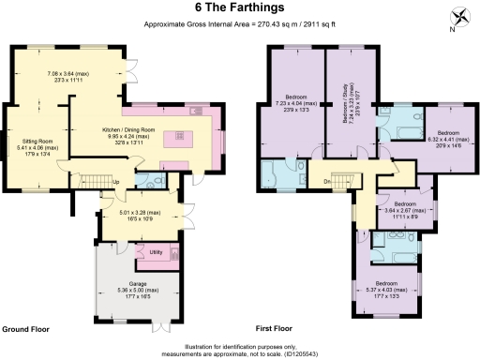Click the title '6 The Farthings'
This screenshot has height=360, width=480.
click(x=239, y=7)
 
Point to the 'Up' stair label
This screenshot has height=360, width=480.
click(x=115, y=181)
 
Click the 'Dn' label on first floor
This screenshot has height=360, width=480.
click(x=326, y=181)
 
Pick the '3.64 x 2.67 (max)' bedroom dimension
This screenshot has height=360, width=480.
click(x=405, y=210)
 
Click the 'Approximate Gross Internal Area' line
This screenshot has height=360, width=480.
click(x=240, y=22)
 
